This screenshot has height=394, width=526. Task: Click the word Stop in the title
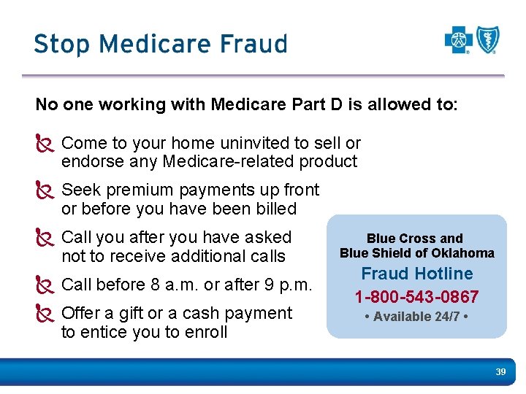click(60, 44)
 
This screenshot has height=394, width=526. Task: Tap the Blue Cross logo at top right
click(459, 40)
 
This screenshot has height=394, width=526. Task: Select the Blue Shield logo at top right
click(487, 40)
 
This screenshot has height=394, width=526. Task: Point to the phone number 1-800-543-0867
click(416, 297)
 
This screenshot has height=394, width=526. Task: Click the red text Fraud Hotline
click(417, 274)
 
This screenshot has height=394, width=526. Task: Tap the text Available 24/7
click(416, 316)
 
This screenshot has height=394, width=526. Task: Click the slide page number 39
click(500, 372)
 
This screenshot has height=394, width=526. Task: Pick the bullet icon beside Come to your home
click(45, 144)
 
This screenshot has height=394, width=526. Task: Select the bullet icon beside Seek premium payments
click(45, 190)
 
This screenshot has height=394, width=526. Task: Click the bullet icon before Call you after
click(45, 238)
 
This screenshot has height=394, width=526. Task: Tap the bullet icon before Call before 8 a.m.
click(45, 285)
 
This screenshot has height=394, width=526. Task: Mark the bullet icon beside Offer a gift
click(45, 314)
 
